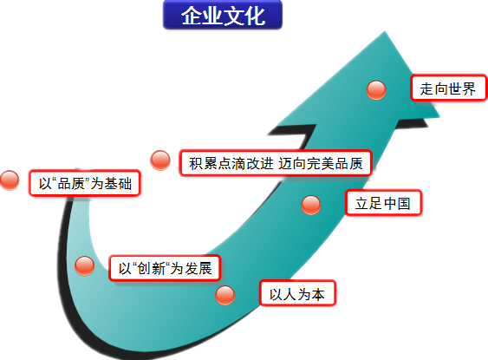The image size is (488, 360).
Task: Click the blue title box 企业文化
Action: tap(223, 15)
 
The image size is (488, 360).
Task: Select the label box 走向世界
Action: tap(448, 88)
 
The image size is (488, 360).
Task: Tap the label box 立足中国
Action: tap(383, 203)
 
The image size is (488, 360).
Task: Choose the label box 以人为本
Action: tap(297, 293)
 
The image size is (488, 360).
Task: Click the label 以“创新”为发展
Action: tap(165, 268)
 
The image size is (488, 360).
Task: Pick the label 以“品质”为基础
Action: tap(85, 183)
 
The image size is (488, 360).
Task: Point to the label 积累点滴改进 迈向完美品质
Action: tap(276, 163)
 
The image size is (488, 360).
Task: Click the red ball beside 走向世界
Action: tap(376, 90)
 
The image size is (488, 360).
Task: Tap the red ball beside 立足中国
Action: tap(311, 206)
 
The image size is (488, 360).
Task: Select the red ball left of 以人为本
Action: tap(224, 295)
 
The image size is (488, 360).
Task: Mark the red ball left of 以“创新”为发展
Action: tap(85, 266)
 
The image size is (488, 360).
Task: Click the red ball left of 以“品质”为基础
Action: tap(10, 180)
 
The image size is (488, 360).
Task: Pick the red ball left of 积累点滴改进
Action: tap(160, 160)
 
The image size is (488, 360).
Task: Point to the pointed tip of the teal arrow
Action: tap(385, 31)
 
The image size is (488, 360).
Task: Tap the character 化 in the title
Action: tap(255, 16)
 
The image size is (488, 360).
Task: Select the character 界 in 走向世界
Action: tap(469, 88)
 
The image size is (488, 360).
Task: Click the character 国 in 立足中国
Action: tap(404, 203)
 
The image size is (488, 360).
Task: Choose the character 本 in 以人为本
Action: tap(318, 294)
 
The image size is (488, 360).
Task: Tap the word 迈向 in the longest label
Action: tap(292, 163)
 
